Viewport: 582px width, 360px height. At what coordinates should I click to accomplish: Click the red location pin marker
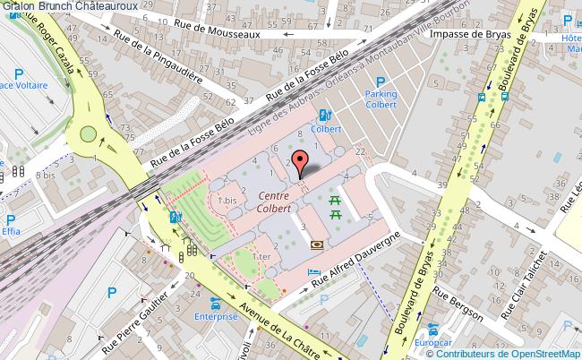click(x=302, y=162)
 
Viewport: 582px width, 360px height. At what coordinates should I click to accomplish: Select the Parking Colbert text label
click(x=380, y=98)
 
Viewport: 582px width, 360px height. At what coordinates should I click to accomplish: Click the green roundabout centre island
click(x=88, y=135)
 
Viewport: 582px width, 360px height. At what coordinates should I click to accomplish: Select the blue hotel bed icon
click(x=312, y=272)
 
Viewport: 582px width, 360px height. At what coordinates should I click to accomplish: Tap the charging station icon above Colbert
click(x=323, y=114)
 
